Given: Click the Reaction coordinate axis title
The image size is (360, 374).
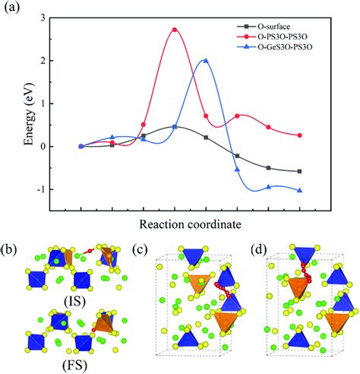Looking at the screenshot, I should click(191, 224).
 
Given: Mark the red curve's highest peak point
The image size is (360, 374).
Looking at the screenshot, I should click(175, 30).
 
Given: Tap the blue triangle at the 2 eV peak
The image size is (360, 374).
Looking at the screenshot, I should click(205, 61).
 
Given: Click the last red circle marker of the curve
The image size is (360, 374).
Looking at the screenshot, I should click(300, 135).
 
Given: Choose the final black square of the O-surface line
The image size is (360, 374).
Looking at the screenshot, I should click(300, 172).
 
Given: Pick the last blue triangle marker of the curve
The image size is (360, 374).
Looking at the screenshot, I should click(300, 190).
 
